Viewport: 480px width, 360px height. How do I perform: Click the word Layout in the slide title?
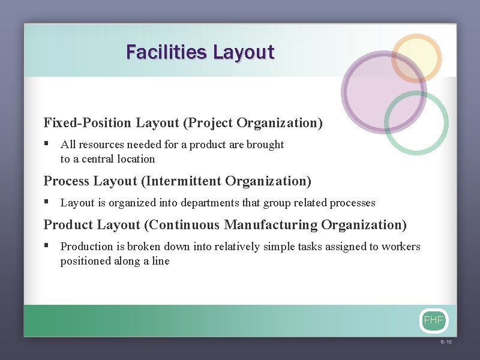coord(243,52)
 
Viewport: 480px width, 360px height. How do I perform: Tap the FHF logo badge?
coord(433,320)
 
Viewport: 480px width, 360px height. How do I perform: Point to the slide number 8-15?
coord(446,342)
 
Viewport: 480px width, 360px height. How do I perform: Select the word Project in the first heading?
coord(209,123)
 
